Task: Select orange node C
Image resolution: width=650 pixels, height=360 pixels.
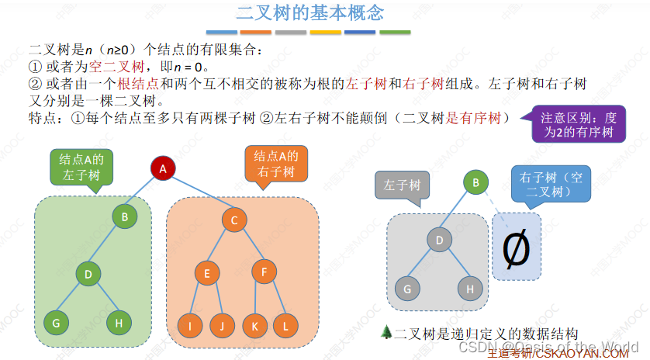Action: pyautogui.click(x=233, y=220)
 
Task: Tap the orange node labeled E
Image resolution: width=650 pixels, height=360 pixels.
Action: pyautogui.click(x=207, y=272)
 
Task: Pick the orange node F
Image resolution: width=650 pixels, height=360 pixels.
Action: pyautogui.click(x=264, y=272)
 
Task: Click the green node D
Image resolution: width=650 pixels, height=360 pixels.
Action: pyautogui.click(x=88, y=273)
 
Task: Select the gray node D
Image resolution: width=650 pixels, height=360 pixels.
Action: pyautogui.click(x=439, y=240)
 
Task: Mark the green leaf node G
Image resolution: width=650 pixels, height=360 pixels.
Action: pyautogui.click(x=56, y=323)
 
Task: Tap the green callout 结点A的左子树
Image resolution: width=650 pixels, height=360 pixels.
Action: pyautogui.click(x=81, y=166)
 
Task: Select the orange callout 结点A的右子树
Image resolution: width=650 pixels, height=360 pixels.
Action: pyautogui.click(x=276, y=163)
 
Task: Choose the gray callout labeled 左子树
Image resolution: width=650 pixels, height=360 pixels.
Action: pyautogui.click(x=403, y=185)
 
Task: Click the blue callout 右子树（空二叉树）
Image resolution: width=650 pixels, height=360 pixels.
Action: pyautogui.click(x=550, y=186)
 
